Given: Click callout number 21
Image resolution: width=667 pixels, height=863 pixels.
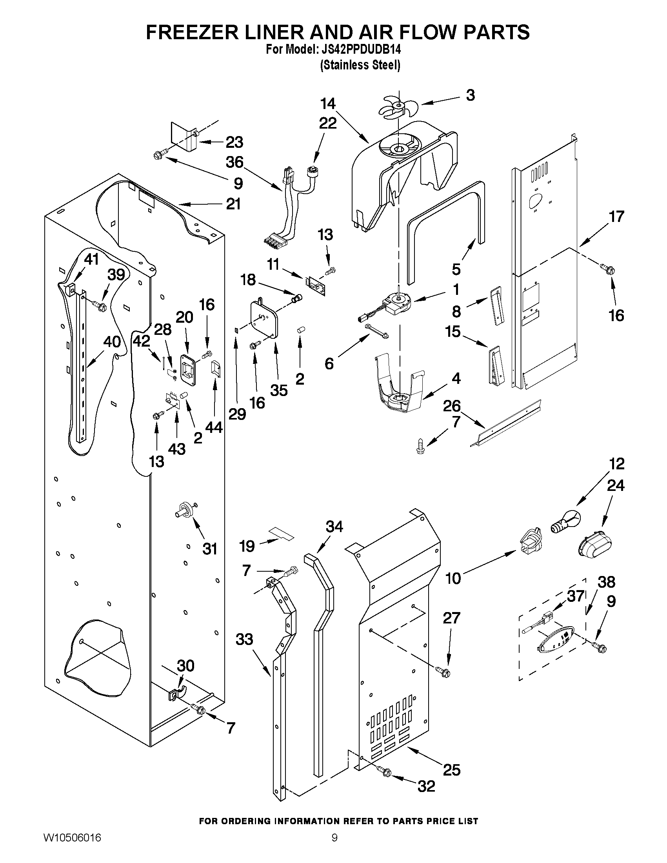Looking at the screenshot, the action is click(x=233, y=204).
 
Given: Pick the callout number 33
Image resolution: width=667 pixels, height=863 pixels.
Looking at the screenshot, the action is click(x=244, y=639).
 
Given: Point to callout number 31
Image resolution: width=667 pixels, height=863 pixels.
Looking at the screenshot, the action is click(x=209, y=549).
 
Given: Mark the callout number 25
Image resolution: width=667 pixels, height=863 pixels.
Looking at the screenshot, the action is click(x=452, y=770).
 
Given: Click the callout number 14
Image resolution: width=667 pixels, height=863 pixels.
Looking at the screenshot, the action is click(x=327, y=104).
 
